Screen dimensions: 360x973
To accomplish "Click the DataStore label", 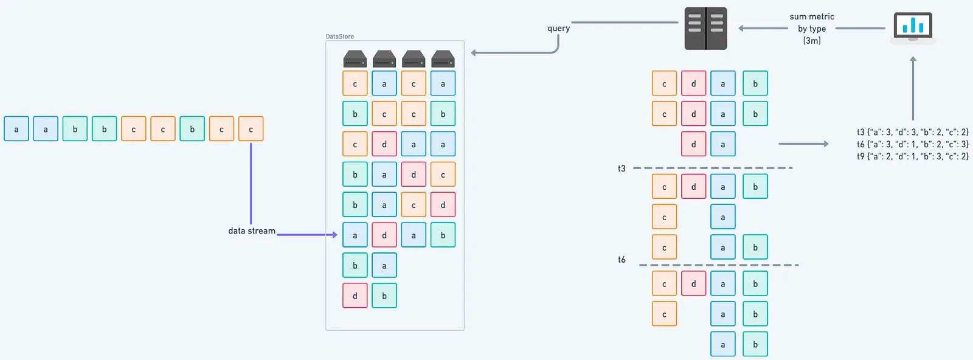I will (339, 36).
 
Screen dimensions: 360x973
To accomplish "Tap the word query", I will (558, 28).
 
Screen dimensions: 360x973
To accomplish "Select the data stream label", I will (251, 231).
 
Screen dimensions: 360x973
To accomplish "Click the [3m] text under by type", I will (811, 41).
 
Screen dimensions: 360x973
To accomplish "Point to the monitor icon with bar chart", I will (913, 27).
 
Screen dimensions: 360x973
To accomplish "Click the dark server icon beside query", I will (705, 28).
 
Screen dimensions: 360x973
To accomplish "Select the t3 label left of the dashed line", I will (622, 168).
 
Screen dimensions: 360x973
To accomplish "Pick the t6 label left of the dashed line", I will (622, 260).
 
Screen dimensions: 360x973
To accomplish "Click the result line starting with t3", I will (912, 132).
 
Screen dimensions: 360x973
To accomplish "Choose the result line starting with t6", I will (912, 144).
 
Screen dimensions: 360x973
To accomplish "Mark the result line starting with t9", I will (912, 156).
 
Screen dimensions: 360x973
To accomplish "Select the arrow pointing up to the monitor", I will (913, 88).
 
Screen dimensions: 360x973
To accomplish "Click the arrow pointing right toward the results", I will (803, 144).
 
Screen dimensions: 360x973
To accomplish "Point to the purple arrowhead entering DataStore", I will (334, 235).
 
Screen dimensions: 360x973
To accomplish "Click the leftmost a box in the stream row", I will (16, 129).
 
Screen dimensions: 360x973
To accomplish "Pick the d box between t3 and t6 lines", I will (693, 187).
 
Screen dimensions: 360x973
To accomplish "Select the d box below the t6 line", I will (693, 284).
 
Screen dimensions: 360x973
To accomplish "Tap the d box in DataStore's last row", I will (355, 296).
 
